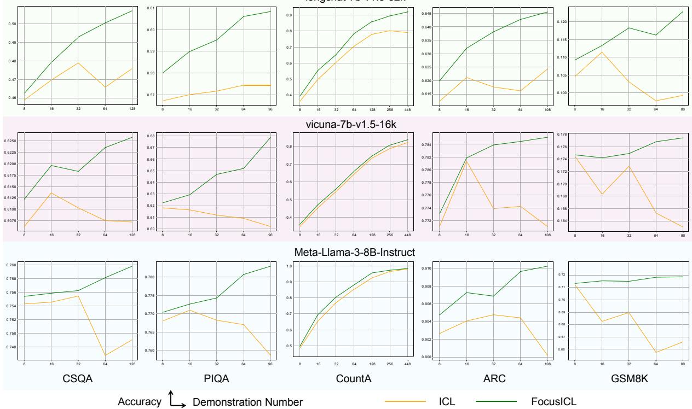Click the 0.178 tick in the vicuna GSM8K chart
click(561, 135)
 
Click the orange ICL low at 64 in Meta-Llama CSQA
click(106, 355)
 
